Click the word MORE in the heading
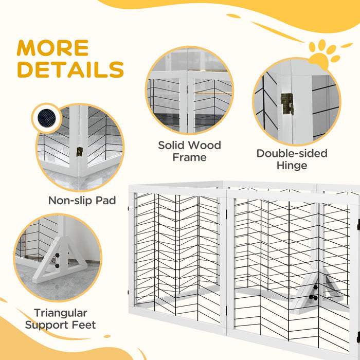(52, 48)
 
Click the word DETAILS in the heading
(71, 69)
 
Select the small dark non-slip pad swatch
(47, 118)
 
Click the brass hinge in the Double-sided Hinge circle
(287, 104)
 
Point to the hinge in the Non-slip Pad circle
(79, 152)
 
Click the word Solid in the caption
(171, 145)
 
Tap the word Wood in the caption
(204, 145)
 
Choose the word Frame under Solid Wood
(189, 157)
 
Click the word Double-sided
(292, 153)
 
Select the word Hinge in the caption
(292, 166)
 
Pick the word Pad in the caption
(105, 201)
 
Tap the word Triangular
(61, 313)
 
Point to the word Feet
(84, 325)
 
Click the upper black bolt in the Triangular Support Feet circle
(57, 255)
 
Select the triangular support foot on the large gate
(317, 291)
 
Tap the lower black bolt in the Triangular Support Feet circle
(57, 266)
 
